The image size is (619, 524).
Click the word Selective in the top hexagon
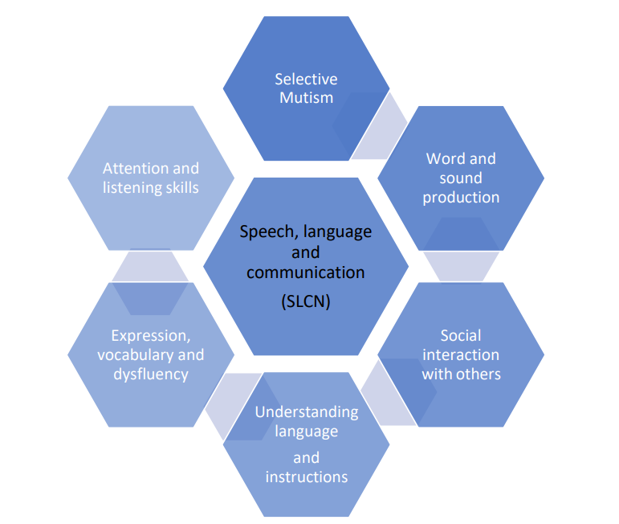point(306,79)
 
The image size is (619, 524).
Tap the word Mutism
point(306,98)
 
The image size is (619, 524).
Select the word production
point(461,197)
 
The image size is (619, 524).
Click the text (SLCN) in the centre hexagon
point(305,301)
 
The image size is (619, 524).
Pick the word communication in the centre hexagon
point(305,272)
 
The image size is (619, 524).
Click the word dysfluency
point(150,374)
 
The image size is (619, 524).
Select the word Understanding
point(306,411)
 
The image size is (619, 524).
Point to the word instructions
point(306,477)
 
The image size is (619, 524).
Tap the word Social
point(461,335)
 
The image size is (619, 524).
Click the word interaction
point(461,354)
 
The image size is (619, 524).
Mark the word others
point(480,374)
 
